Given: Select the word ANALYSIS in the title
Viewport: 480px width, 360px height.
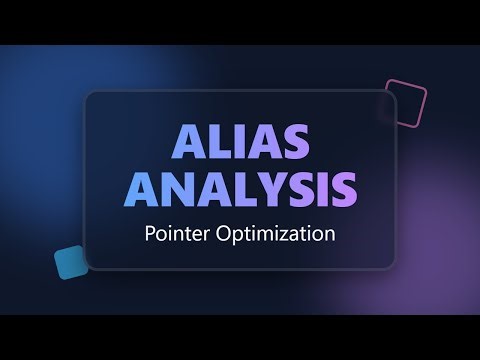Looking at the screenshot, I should pyautogui.click(x=240, y=189).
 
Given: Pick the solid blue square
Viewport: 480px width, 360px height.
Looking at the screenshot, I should pyautogui.click(x=71, y=262).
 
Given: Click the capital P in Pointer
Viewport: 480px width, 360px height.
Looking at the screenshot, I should pyautogui.click(x=151, y=237).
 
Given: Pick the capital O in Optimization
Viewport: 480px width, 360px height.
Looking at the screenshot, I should pyautogui.click(x=220, y=237).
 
